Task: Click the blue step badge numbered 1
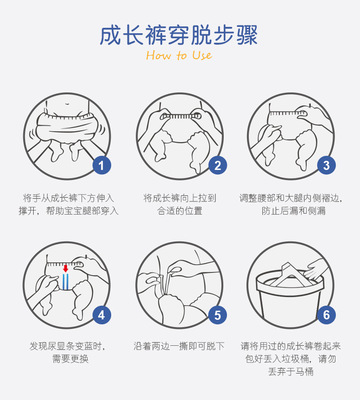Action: [101, 165]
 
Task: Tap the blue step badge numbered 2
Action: [217, 165]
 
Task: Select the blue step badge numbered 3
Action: [326, 165]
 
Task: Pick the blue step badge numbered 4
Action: [101, 315]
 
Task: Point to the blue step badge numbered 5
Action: [217, 315]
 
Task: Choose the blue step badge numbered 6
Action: [326, 315]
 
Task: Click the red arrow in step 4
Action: [66, 268]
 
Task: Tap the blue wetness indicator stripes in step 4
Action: [66, 281]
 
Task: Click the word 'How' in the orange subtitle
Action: [158, 55]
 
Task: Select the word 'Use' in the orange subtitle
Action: [202, 55]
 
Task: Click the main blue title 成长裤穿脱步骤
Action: [179, 35]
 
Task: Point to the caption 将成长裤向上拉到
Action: [180, 198]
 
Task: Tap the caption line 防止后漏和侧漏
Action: [293, 211]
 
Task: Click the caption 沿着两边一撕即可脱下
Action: [179, 346]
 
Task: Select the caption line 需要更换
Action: [70, 359]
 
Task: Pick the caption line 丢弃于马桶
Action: [291, 372]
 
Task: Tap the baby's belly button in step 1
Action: [68, 103]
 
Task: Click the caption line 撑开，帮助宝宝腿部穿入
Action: [69, 211]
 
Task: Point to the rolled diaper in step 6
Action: [287, 275]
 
